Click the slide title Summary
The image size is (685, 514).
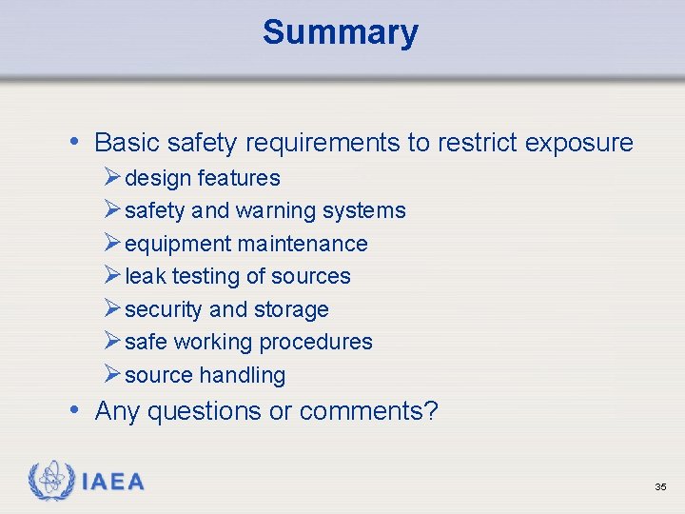pos(341,32)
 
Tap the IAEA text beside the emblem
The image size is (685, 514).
pos(113,482)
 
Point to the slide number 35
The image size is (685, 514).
pos(660,486)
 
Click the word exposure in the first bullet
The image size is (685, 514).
pos(578,143)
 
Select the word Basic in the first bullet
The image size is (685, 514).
pos(127,143)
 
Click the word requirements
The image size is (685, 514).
pos(323,143)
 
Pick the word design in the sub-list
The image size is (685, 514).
pos(158,178)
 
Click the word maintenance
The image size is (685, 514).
pos(302,244)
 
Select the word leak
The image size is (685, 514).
pos(145,276)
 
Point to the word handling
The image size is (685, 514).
pos(243,375)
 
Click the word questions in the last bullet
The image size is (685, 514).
pos(204,411)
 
